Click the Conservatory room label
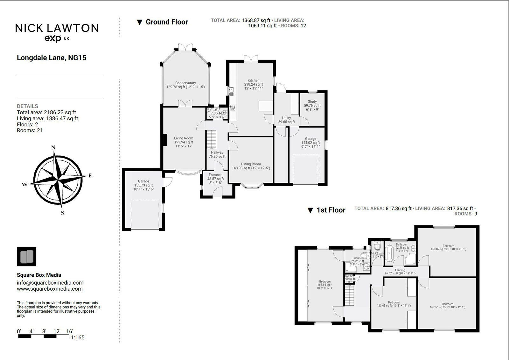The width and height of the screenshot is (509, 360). (x=185, y=83)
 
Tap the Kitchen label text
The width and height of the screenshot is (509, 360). (x=254, y=80)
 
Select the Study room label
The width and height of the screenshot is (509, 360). (x=312, y=102)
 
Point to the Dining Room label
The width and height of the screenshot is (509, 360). (x=251, y=164)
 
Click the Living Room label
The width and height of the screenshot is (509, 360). (x=184, y=138)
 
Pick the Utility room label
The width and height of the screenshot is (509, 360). (x=286, y=118)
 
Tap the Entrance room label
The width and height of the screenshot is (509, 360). (x=215, y=175)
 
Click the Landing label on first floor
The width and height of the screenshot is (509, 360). (x=400, y=270)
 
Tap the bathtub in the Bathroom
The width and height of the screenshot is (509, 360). (x=389, y=253)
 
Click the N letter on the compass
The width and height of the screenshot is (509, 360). (x=53, y=147)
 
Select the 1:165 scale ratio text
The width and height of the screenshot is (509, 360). (x=78, y=337)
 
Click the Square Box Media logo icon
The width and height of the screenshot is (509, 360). (x=27, y=257)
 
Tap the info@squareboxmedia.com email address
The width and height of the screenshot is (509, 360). (x=50, y=283)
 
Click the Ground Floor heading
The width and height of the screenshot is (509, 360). (x=167, y=22)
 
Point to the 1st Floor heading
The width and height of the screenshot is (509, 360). (x=331, y=210)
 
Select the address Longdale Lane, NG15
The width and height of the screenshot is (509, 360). (x=52, y=58)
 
